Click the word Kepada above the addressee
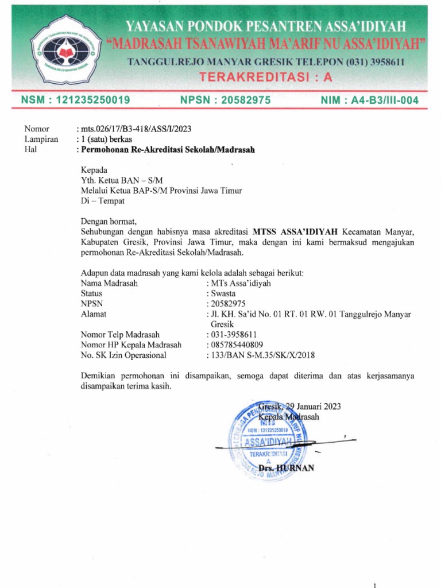(x=94, y=171)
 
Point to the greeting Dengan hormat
(x=110, y=221)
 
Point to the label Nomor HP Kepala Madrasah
(x=131, y=345)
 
